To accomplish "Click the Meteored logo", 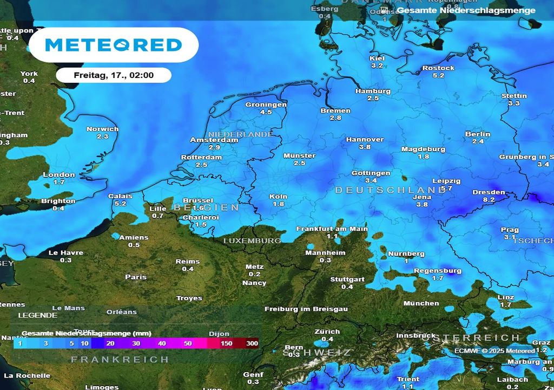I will click(x=113, y=44).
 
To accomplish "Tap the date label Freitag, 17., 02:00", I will click(x=114, y=75).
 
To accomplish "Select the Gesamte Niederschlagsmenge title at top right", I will click(x=466, y=10).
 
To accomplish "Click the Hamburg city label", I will click(x=373, y=91).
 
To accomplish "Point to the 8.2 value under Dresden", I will click(x=489, y=200).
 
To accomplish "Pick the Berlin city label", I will click(x=478, y=134).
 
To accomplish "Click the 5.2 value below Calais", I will click(x=120, y=204).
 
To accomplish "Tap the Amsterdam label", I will click(x=214, y=140).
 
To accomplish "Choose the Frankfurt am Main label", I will click(x=332, y=229).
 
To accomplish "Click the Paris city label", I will click(x=136, y=277).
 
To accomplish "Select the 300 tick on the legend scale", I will click(x=252, y=343).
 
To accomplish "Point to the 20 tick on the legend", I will click(x=110, y=343).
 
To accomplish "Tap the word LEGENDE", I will click(x=37, y=315).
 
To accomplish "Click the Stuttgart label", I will click(x=347, y=279).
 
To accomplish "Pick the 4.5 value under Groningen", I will click(x=266, y=112).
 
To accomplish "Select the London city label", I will click(x=59, y=174).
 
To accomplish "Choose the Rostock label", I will click(x=438, y=68).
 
